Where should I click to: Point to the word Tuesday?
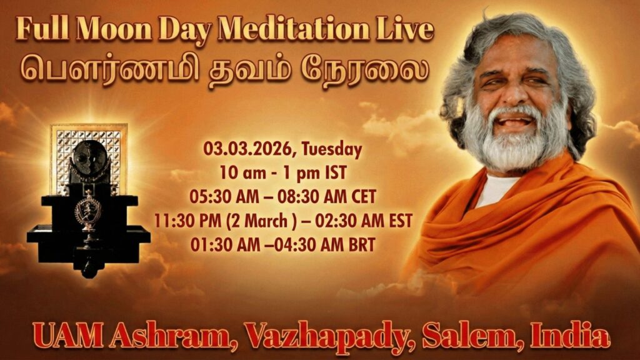[331, 149]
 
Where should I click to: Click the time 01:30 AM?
[225, 244]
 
